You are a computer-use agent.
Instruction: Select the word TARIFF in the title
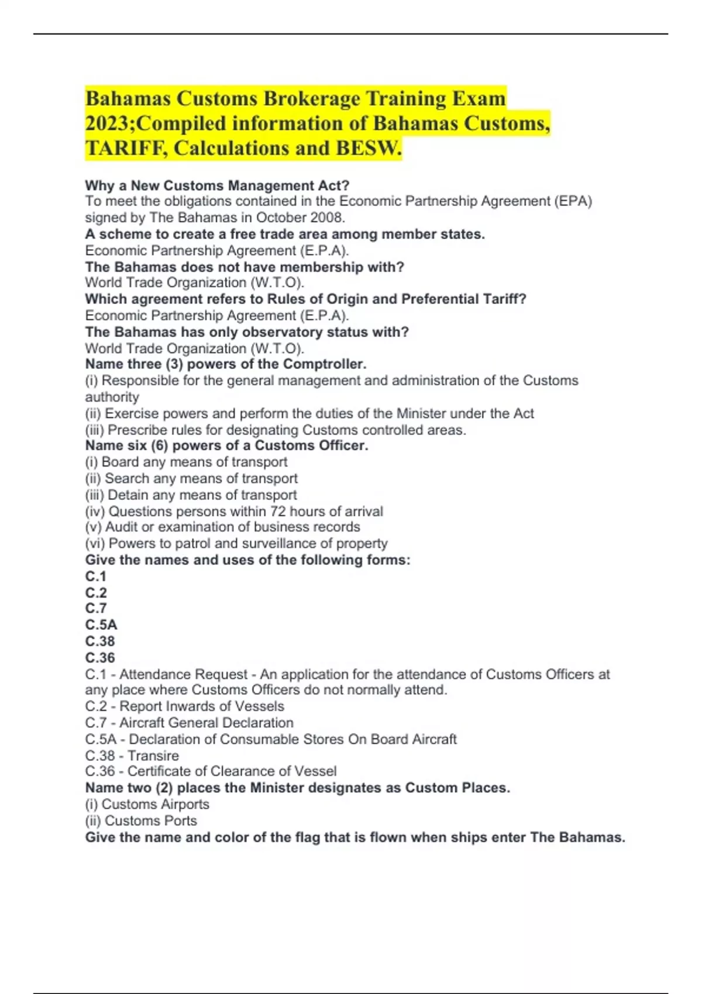[x=126, y=149]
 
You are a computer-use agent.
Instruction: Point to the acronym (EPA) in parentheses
[x=573, y=201]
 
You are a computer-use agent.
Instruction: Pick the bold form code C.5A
[x=101, y=625]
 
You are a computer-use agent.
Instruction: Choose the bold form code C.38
[x=100, y=641]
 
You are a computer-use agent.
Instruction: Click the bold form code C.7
[x=96, y=609]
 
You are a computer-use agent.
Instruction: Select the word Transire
[x=153, y=756]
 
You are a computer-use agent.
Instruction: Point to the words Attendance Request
[x=184, y=675]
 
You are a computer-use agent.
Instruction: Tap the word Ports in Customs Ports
[x=180, y=821]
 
